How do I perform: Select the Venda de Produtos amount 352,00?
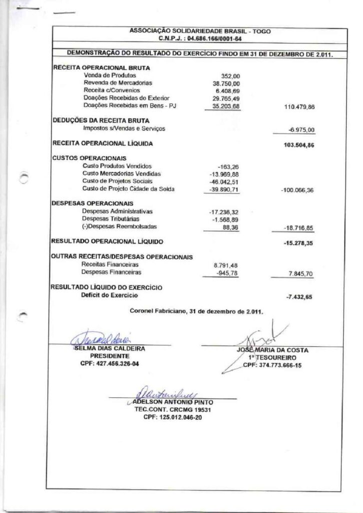click(230, 76)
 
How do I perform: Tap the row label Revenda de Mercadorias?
click(118, 83)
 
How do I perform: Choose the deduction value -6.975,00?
click(301, 129)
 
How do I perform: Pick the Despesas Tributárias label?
click(111, 219)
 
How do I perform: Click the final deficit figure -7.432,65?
click(299, 297)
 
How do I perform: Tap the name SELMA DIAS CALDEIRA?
click(110, 348)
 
